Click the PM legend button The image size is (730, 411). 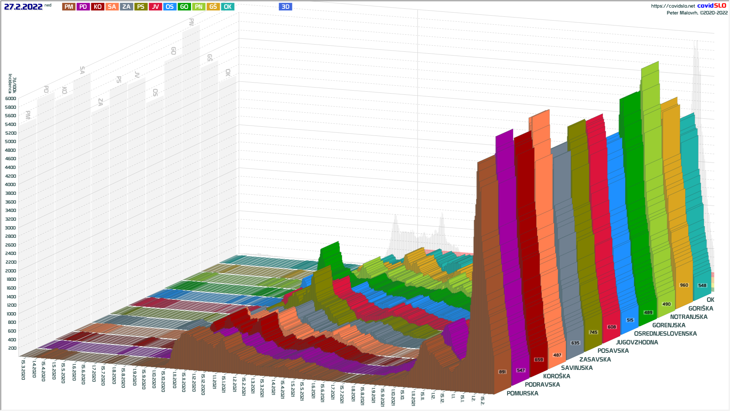[x=69, y=6]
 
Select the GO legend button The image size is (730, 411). [x=184, y=6]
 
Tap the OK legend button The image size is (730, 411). [x=228, y=6]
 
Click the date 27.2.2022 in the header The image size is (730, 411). [x=23, y=6]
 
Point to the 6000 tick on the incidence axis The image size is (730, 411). [x=11, y=99]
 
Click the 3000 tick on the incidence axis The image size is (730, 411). [x=11, y=228]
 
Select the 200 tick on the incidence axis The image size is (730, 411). [x=12, y=348]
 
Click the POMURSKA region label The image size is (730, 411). [x=522, y=393]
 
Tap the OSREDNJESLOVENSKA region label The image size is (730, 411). [x=665, y=334]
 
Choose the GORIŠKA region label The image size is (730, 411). [x=701, y=309]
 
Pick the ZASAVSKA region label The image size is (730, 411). [x=595, y=360]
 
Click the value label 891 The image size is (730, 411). [x=502, y=372]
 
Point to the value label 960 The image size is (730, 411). [x=684, y=285]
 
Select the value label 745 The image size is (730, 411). [x=593, y=332]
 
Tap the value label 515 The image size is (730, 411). [x=630, y=320]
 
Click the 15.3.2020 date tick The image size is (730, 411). [x=23, y=370]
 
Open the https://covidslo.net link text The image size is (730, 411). [x=673, y=6]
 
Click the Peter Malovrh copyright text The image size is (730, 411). [x=697, y=13]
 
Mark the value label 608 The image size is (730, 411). [x=612, y=327]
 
